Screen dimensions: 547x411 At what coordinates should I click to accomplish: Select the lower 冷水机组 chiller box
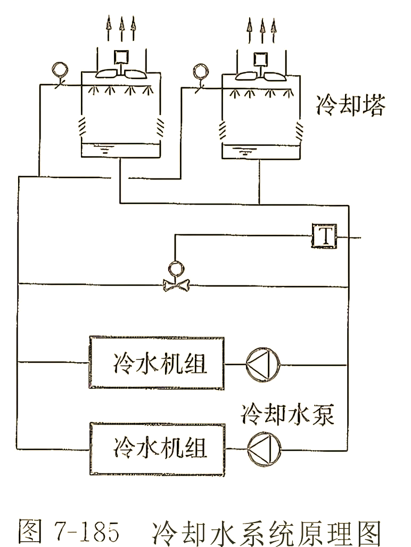pyautogui.click(x=157, y=448)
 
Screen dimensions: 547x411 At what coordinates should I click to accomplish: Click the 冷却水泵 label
pyautogui.click(x=288, y=413)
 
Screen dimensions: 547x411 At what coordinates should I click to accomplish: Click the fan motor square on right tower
pyautogui.click(x=260, y=58)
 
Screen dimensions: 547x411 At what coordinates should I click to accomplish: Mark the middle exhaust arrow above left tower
pyautogui.click(x=120, y=29)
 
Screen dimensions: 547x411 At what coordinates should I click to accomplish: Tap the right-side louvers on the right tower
pyautogui.click(x=300, y=128)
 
